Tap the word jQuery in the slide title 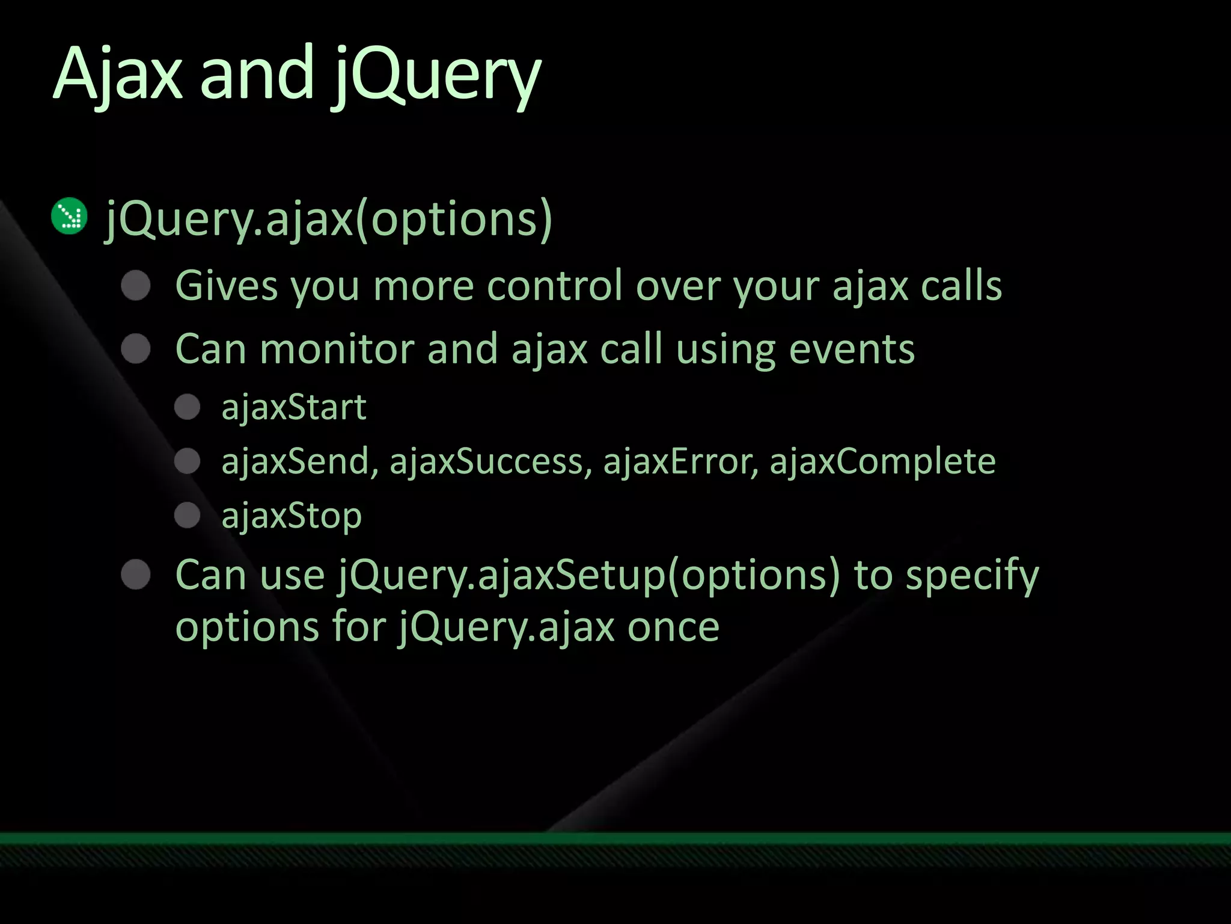435,77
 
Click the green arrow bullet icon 70,216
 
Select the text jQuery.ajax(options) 328,219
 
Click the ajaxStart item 294,408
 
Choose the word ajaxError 680,462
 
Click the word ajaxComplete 882,462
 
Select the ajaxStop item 292,516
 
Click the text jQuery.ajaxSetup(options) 588,576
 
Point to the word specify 972,576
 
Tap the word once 673,627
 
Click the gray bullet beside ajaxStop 188,516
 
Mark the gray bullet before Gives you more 136,285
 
